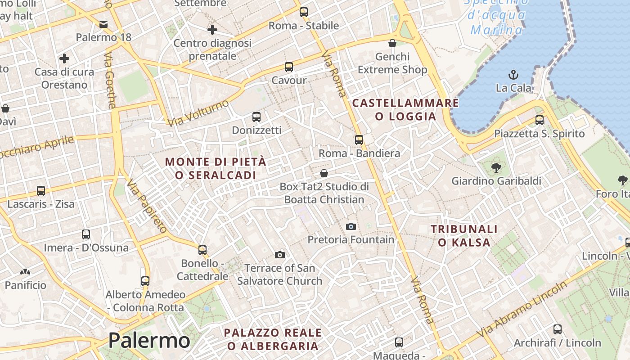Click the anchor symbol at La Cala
[513, 74]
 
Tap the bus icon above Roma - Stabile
[304, 12]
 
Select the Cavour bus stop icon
[289, 67]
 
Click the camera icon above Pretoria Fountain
[351, 226]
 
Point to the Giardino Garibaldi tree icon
[496, 168]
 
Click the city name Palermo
[149, 341]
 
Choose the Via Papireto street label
[147, 206]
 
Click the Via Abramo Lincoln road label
[522, 310]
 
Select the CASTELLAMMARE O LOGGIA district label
[405, 110]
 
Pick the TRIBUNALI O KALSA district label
[464, 236]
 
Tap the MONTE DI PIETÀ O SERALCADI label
[216, 168]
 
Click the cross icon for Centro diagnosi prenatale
[212, 30]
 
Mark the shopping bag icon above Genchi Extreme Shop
[392, 43]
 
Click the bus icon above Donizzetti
[256, 117]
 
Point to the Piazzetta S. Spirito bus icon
[539, 120]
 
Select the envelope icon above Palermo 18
[103, 24]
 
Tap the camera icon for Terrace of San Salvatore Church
[280, 255]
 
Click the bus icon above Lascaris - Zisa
[41, 191]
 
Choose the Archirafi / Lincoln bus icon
[558, 329]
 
